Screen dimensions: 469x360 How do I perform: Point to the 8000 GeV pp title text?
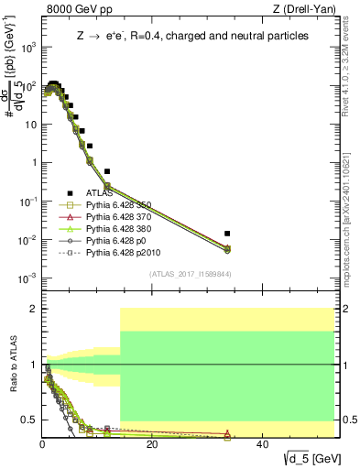[x=75, y=9]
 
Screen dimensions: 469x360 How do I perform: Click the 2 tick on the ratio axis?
[x=35, y=309]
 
